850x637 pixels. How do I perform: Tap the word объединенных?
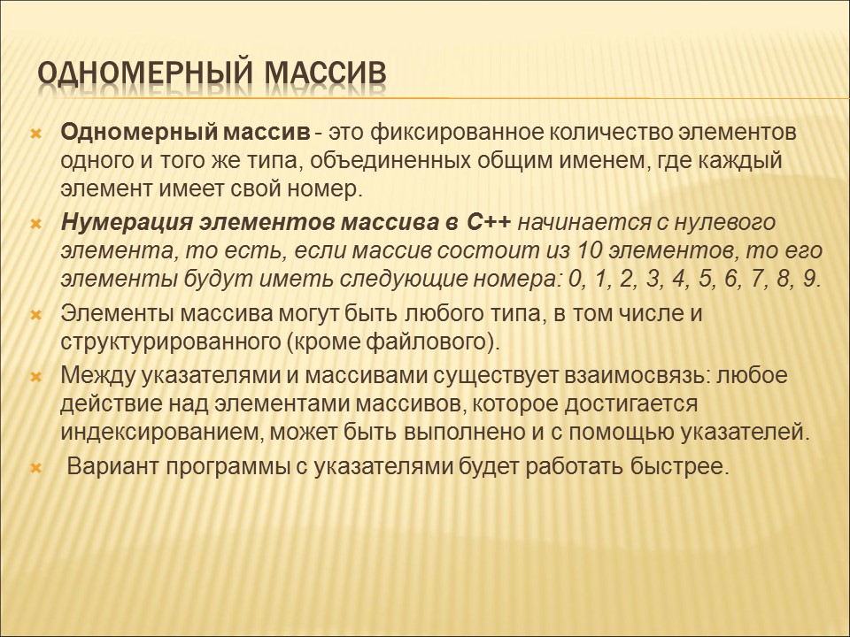click(390, 161)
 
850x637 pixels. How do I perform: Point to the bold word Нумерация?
click(127, 223)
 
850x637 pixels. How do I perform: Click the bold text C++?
click(488, 223)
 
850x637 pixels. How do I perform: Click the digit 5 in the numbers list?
click(705, 279)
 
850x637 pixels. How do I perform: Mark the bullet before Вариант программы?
click(36, 468)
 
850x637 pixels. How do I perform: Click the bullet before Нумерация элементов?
click(36, 224)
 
